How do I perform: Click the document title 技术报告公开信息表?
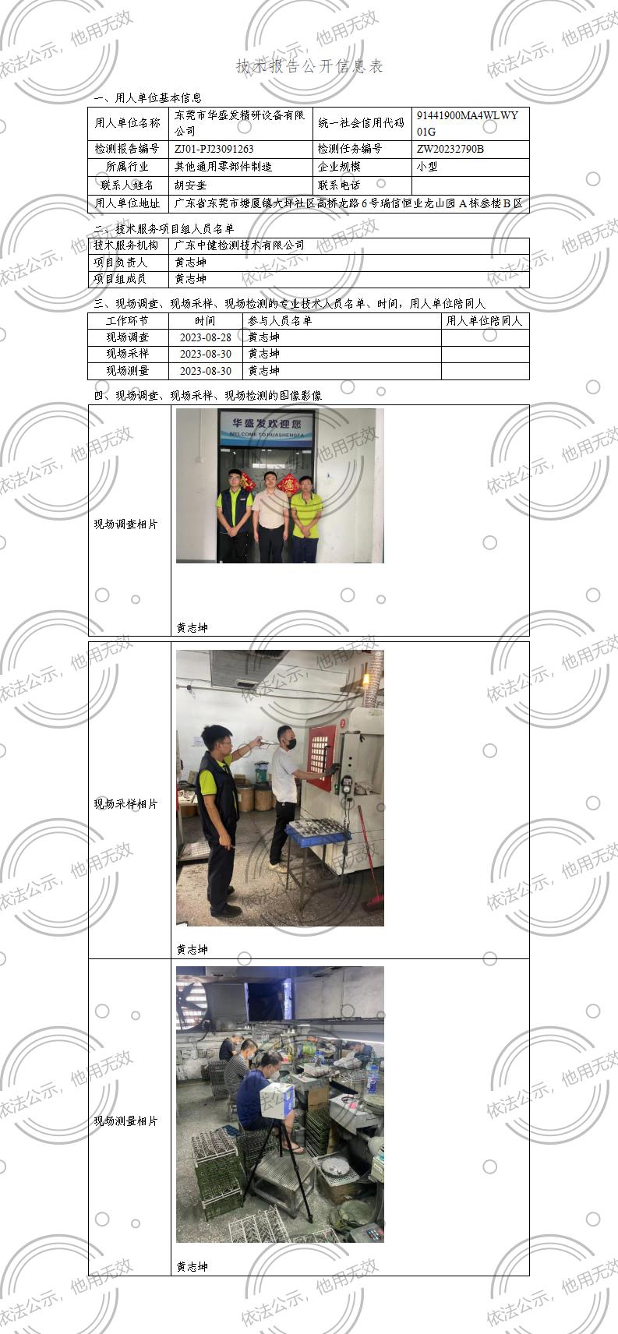coord(309,66)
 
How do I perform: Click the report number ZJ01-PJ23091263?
coord(214,149)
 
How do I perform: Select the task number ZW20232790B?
coord(450,149)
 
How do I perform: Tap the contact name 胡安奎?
coord(190,185)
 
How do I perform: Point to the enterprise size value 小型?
coord(427,167)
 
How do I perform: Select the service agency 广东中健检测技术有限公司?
coord(239,245)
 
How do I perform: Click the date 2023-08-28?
coord(205,337)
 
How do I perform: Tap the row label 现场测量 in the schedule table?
coord(127,371)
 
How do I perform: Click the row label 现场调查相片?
coord(125,524)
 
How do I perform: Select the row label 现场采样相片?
coord(125,803)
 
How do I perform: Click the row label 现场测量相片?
coord(125,1120)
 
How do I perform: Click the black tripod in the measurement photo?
coord(280,1169)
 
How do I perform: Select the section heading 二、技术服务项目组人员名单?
coord(164,229)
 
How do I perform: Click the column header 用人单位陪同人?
coord(484,320)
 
